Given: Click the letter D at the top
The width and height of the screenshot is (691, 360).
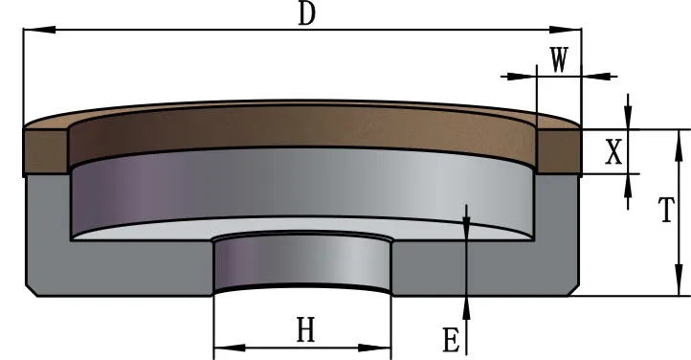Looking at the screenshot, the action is (x=307, y=13).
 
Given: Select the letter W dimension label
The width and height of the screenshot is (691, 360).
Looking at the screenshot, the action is (x=559, y=59).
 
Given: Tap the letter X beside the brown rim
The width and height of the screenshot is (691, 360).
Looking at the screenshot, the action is (x=613, y=151).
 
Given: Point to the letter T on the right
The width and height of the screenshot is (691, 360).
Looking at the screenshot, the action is (x=666, y=210).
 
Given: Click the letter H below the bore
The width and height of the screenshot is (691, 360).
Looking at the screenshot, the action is (x=306, y=330).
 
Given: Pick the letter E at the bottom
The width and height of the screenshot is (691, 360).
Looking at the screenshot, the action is (x=451, y=340).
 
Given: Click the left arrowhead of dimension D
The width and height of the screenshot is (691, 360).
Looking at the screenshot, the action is (x=39, y=30).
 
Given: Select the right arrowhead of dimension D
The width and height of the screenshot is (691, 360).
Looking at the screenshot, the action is (x=566, y=30).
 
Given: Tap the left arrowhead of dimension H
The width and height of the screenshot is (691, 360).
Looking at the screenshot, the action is (x=230, y=349).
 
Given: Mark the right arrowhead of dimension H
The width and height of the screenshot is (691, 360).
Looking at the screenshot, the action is (x=374, y=349).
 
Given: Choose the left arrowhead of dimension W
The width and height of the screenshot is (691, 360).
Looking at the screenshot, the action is (x=520, y=77).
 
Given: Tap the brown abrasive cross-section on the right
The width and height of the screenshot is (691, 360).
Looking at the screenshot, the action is (x=558, y=151).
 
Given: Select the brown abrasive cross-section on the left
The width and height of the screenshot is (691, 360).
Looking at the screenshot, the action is (x=46, y=152).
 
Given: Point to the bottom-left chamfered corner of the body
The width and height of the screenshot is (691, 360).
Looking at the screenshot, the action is (x=31, y=291).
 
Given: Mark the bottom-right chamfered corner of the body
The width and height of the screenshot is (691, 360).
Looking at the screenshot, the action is (x=573, y=291).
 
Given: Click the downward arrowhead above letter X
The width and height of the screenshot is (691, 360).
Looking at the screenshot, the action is (x=629, y=116).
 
